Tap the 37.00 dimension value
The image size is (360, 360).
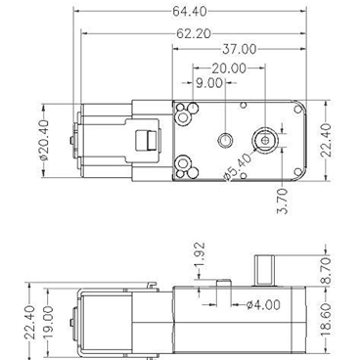(239, 49)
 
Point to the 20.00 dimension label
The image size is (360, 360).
(227, 67)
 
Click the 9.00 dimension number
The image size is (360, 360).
(208, 83)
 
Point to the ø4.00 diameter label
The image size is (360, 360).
(259, 303)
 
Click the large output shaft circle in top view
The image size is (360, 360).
(266, 138)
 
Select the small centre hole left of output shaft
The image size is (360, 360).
(226, 139)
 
